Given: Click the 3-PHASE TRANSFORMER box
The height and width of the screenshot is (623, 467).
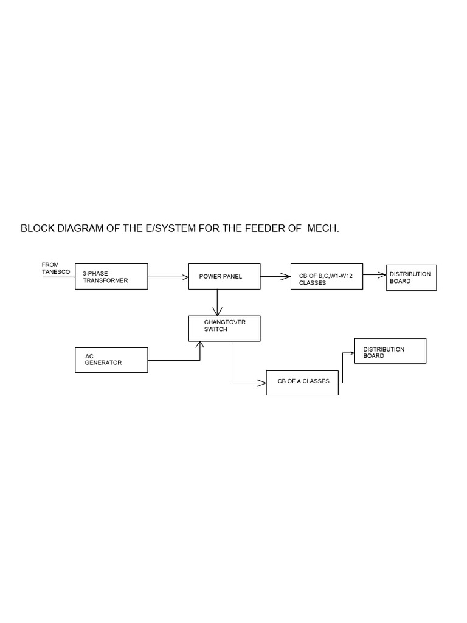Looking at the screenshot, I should click(x=111, y=276).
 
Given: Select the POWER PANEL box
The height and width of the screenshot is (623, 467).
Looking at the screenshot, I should click(x=224, y=276).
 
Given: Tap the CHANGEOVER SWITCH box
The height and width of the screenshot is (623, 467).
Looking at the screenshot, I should click(x=224, y=329).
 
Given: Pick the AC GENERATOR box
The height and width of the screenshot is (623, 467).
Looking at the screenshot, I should click(x=111, y=360).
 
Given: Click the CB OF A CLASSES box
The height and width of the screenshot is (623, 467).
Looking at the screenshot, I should click(x=302, y=382).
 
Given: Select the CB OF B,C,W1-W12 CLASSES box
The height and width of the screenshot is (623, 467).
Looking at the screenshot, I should click(x=327, y=277).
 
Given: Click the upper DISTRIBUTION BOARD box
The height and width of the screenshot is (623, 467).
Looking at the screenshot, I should click(x=411, y=277).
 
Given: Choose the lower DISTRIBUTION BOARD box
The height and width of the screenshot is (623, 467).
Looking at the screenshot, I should click(x=390, y=351).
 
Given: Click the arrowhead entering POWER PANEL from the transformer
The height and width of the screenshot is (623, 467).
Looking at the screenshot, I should click(x=185, y=277).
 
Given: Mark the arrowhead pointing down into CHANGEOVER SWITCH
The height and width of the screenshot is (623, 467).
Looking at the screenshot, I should click(x=217, y=313).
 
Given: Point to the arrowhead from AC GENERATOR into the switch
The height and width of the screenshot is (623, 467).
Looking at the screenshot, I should click(x=200, y=345).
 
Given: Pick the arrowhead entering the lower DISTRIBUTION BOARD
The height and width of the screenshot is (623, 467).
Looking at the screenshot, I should click(x=351, y=352).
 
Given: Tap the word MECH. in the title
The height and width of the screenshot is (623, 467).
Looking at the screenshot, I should click(x=323, y=229).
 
